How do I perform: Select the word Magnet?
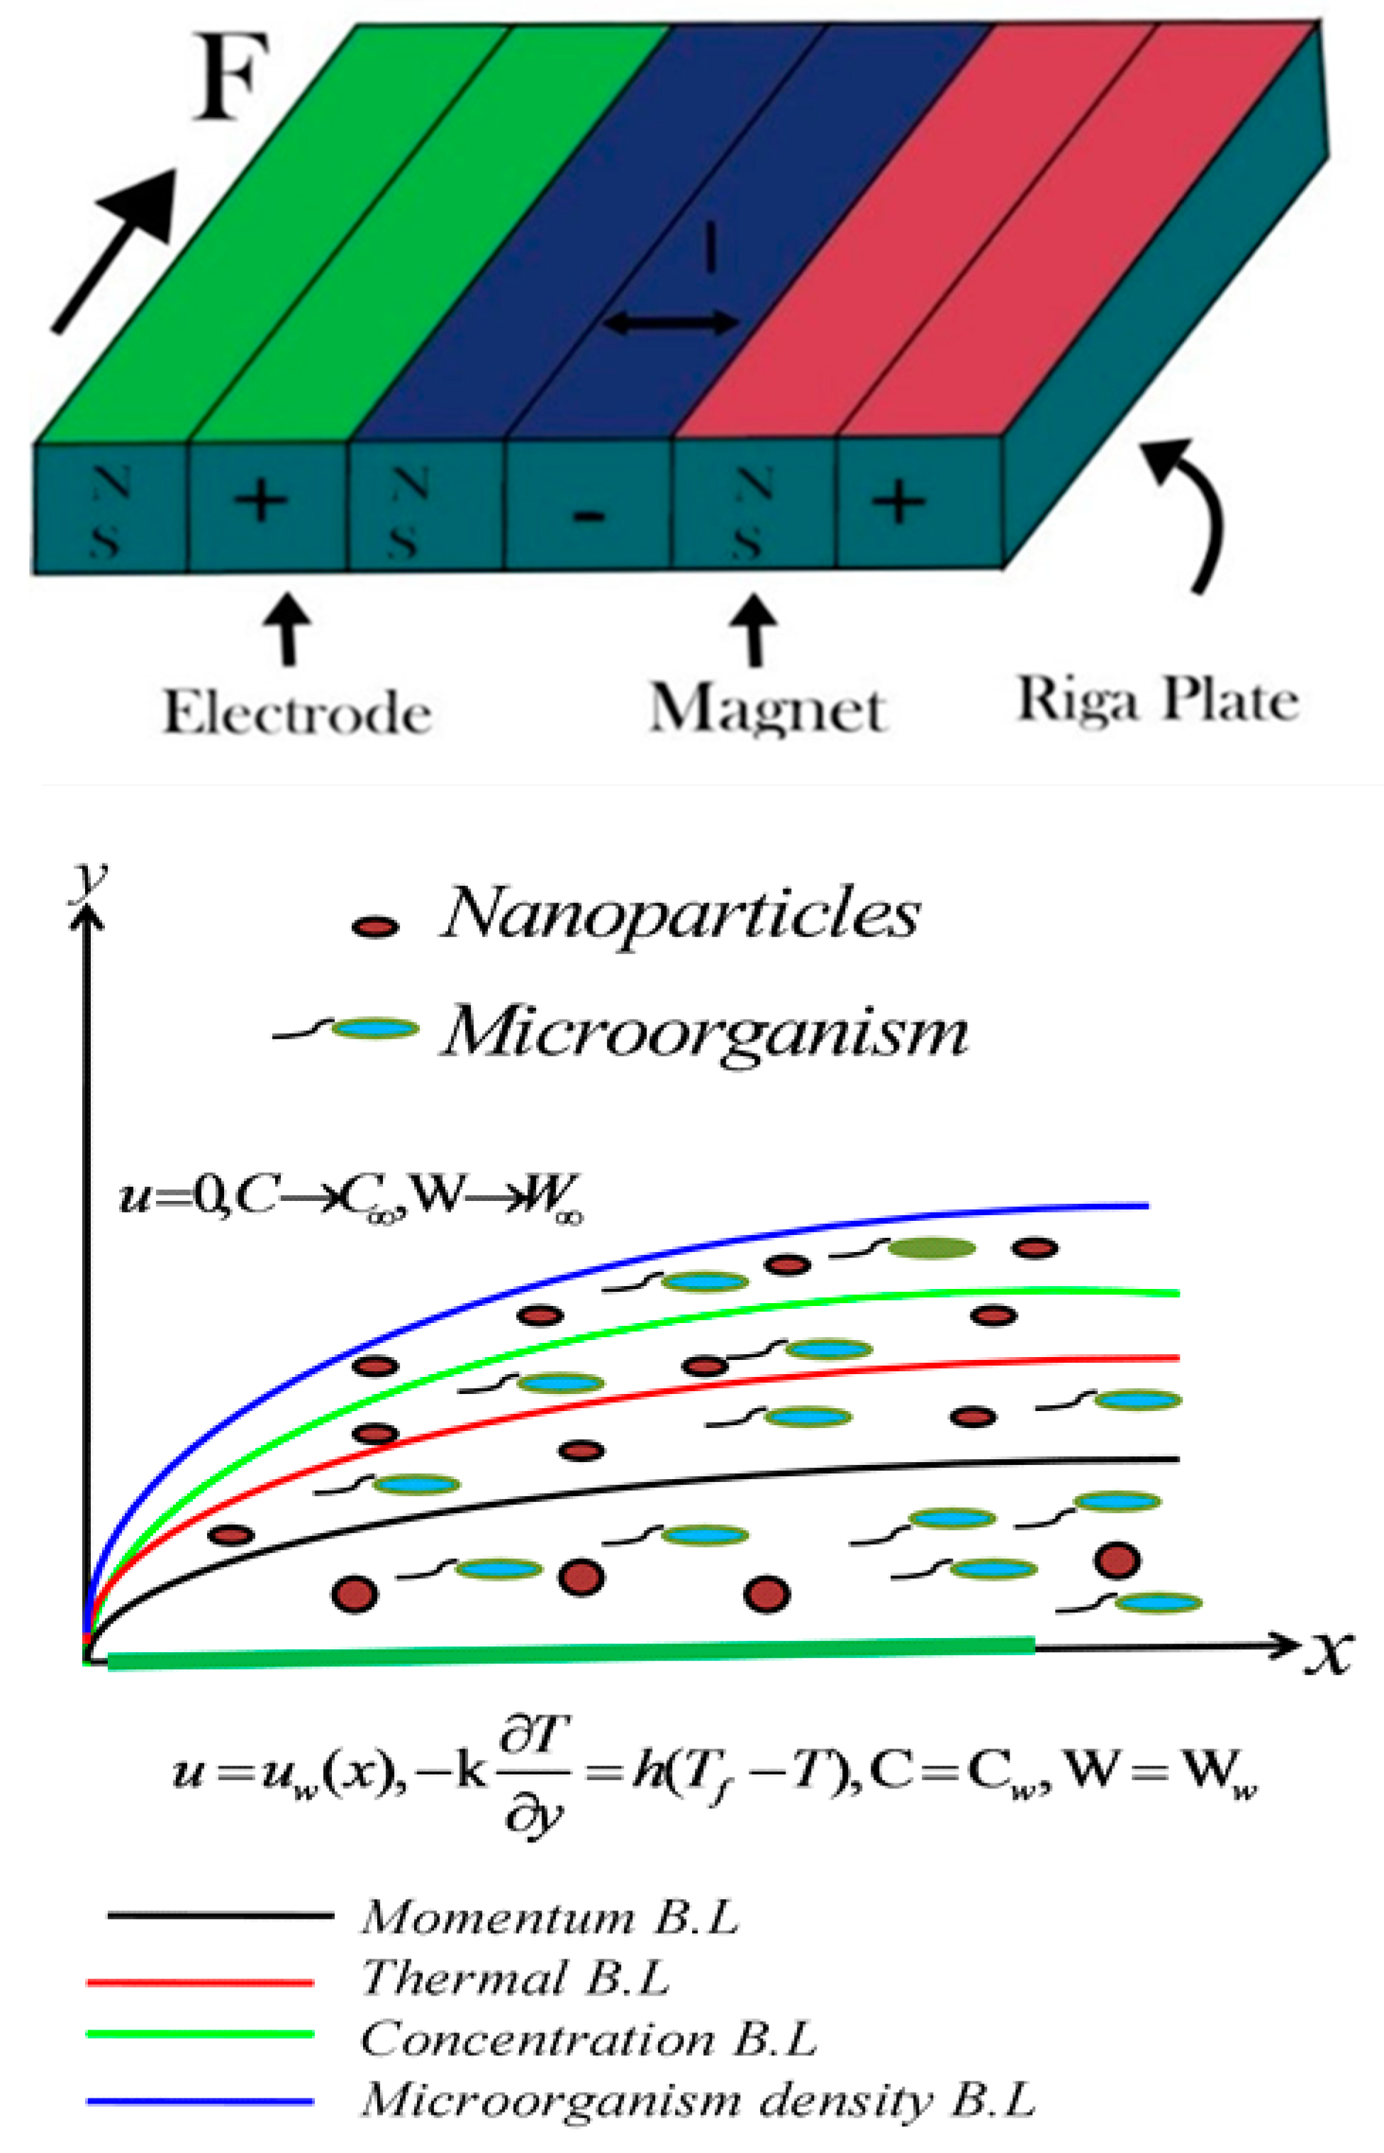(769, 710)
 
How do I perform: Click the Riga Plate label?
(1158, 700)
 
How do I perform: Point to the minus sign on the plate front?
(588, 516)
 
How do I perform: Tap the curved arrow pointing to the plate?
(1195, 512)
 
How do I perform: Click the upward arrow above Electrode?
(288, 629)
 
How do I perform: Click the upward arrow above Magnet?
(755, 629)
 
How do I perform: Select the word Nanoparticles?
(681, 914)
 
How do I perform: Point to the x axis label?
(1328, 1651)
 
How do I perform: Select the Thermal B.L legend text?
(516, 1978)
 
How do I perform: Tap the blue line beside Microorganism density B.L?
(199, 2102)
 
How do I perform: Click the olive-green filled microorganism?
(931, 1248)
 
